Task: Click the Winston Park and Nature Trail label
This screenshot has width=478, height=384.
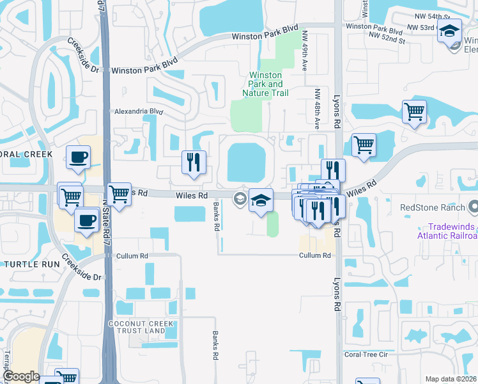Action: tap(265, 84)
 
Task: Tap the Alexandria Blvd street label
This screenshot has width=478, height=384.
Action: tap(138, 111)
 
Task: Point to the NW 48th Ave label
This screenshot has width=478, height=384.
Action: tap(316, 110)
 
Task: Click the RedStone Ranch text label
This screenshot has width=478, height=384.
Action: tap(431, 207)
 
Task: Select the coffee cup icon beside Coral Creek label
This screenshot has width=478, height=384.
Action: tap(78, 157)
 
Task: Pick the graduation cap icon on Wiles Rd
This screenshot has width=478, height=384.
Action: tap(261, 200)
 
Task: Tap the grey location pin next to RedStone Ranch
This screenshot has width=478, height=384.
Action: tap(473, 207)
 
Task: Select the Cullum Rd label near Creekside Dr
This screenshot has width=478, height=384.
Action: tap(132, 256)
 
